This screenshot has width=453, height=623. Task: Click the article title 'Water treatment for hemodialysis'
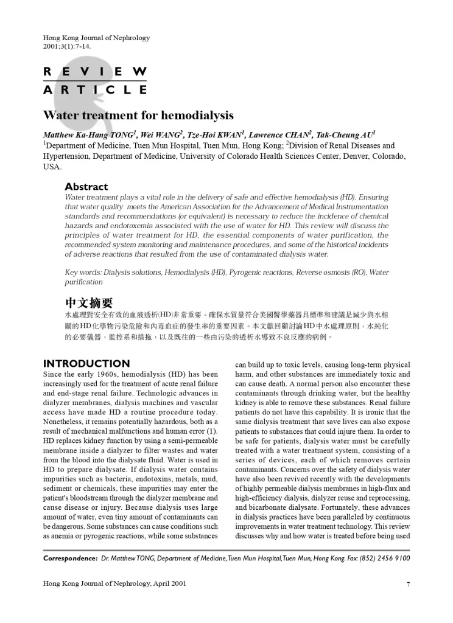[138, 116]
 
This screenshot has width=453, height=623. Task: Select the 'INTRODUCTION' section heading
[86, 364]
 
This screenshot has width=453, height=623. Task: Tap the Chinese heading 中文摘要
[88, 302]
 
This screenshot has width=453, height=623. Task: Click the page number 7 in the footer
[407, 584]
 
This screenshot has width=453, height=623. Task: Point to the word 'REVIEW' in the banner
[95, 72]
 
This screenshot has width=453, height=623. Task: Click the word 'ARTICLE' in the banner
[95, 90]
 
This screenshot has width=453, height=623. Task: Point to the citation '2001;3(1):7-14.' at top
[67, 46]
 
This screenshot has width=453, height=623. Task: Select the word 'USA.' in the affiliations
[52, 166]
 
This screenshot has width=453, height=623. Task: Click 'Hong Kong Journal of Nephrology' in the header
[96, 38]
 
